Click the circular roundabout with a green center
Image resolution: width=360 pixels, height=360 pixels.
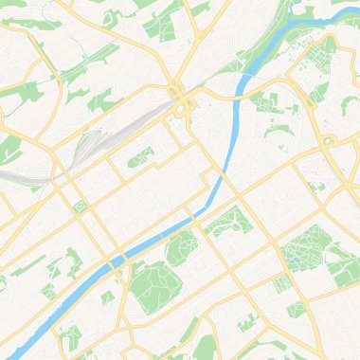[329, 140]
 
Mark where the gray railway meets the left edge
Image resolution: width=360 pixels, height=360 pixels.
[2, 176]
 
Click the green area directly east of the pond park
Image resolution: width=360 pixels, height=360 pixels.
[344, 263]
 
